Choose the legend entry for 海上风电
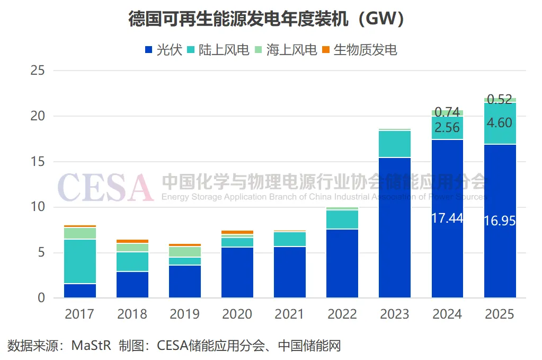(x=286, y=50)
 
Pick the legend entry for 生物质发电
(x=360, y=50)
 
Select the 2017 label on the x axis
(x=79, y=314)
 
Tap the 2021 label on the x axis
(x=290, y=314)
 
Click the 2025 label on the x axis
(x=500, y=314)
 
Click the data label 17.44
(x=447, y=218)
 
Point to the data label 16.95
(x=500, y=221)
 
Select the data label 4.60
(x=500, y=123)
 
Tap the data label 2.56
(x=447, y=127)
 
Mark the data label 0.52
(x=500, y=99)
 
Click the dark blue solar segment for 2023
(x=395, y=228)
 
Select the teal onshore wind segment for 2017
(x=79, y=261)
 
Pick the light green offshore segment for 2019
(x=185, y=252)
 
